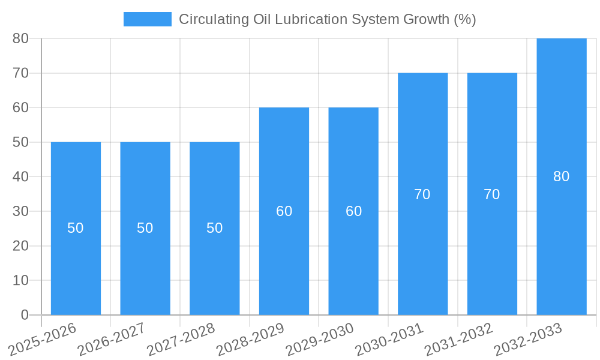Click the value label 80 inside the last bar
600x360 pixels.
(x=562, y=176)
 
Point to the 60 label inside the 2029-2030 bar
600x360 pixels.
(x=354, y=211)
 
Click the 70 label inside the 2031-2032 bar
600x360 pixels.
(x=492, y=194)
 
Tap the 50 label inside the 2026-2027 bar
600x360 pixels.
(x=145, y=228)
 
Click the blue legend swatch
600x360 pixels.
(x=147, y=19)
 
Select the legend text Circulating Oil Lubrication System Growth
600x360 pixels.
(x=327, y=19)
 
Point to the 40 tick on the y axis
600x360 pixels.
(x=20, y=177)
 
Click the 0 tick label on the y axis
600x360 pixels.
(x=25, y=315)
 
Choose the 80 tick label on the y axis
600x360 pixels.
(x=20, y=38)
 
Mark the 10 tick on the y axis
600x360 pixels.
(x=20, y=280)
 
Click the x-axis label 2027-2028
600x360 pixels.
(x=180, y=339)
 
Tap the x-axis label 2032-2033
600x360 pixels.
(x=527, y=339)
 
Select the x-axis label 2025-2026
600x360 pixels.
(x=42, y=339)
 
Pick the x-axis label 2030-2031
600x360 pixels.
(x=389, y=339)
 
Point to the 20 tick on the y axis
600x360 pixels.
(x=20, y=246)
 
